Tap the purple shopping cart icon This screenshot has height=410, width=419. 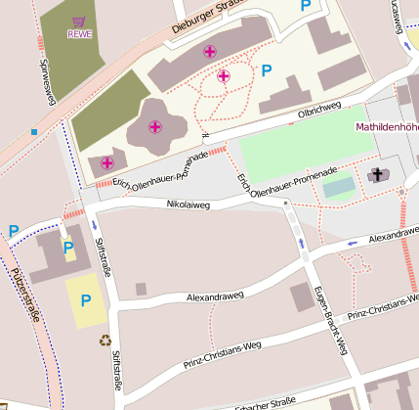pos(78,20)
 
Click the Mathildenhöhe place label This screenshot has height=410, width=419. pos(387,127)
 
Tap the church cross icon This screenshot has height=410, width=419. pos(377,175)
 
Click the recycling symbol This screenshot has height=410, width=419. pos(105,341)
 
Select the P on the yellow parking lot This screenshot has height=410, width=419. pos(86,300)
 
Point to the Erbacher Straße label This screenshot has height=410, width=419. pos(265,402)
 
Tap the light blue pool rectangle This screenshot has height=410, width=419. pos(339,185)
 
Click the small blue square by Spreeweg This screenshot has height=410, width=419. pos(34,131)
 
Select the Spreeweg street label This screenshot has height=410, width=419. pos(46,81)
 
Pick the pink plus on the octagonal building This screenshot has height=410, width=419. pos(154,126)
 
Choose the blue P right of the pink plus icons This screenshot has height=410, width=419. pos(266,69)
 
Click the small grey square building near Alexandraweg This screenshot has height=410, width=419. pos(141,289)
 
